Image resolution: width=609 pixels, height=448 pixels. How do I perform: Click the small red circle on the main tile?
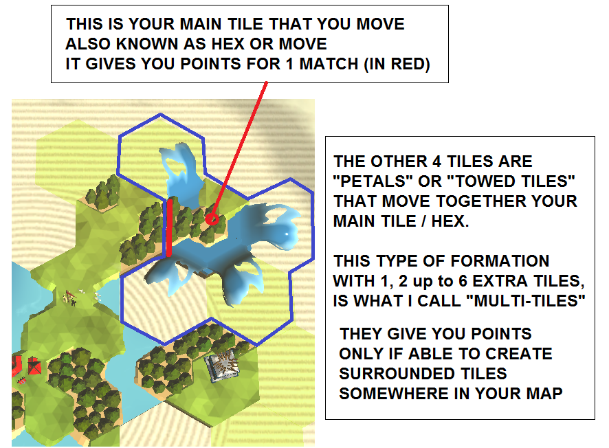pos(212,219)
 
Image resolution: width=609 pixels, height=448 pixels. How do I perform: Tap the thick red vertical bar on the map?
pos(169,227)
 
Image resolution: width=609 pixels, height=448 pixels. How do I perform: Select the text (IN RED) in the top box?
pos(397,64)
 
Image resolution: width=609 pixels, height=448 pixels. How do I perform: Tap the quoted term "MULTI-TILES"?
pos(530,301)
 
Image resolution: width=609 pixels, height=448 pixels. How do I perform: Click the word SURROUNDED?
pos(423,374)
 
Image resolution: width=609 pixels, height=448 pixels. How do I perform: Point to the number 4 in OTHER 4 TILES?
pos(436,161)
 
